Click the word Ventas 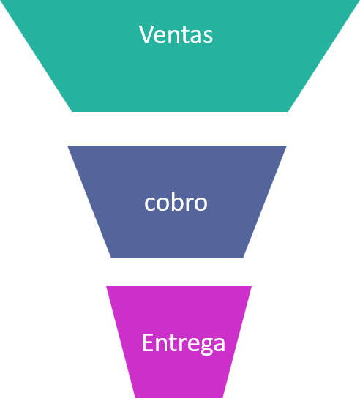pyautogui.click(x=176, y=34)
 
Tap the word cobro pyautogui.click(x=176, y=203)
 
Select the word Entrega pyautogui.click(x=184, y=343)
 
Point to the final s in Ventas pyautogui.click(x=208, y=37)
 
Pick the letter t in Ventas pyautogui.click(x=184, y=35)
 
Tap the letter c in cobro pyautogui.click(x=149, y=204)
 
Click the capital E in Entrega pyautogui.click(x=148, y=342)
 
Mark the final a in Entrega pyautogui.click(x=220, y=345)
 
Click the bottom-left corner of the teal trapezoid pyautogui.click(x=72, y=112)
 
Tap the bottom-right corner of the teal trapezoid pyautogui.click(x=288, y=112)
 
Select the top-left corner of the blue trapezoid pyautogui.click(x=67, y=146)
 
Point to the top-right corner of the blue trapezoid pyautogui.click(x=287, y=146)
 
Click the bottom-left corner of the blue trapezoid pyautogui.click(x=111, y=258)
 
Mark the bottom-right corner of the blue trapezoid pyautogui.click(x=243, y=258)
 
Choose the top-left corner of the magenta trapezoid pyautogui.click(x=106, y=286)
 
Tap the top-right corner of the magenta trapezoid pyautogui.click(x=252, y=286)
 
